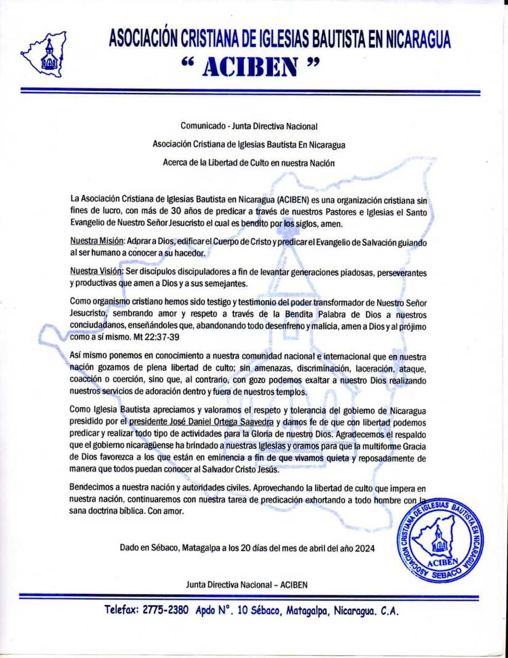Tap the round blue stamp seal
(x=440, y=539)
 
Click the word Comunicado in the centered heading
(x=201, y=126)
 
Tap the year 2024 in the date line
(x=365, y=547)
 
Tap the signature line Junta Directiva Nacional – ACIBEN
(x=246, y=584)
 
